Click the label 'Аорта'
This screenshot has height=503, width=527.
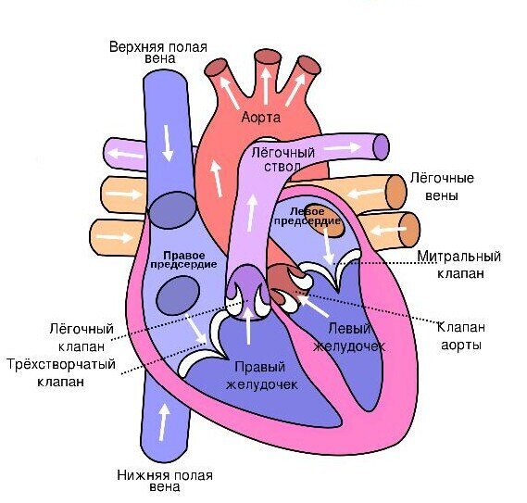(x=261, y=118)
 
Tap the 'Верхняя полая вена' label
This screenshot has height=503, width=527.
(x=158, y=53)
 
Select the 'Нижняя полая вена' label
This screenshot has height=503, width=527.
(x=165, y=481)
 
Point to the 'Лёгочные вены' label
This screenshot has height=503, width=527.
(x=442, y=186)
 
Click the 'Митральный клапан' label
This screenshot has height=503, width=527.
(x=459, y=265)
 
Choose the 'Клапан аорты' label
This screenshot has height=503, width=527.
(x=461, y=336)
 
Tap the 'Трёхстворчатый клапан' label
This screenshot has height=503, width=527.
(x=61, y=373)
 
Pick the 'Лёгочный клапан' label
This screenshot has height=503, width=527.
(x=82, y=337)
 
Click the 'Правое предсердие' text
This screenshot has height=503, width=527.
(x=183, y=259)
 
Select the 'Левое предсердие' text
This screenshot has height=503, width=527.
(x=307, y=216)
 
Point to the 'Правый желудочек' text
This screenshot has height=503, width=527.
(x=261, y=375)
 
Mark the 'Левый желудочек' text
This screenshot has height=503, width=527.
(x=349, y=337)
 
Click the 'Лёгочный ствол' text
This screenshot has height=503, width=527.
(x=282, y=159)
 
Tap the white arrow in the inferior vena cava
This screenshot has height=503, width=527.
(x=164, y=422)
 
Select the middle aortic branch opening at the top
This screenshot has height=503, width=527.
(x=267, y=59)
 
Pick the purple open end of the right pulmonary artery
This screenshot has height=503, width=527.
(x=382, y=147)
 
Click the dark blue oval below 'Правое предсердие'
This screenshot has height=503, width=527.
(x=179, y=296)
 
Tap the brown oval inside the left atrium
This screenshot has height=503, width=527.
(x=325, y=220)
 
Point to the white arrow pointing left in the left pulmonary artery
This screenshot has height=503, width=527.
(x=125, y=154)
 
